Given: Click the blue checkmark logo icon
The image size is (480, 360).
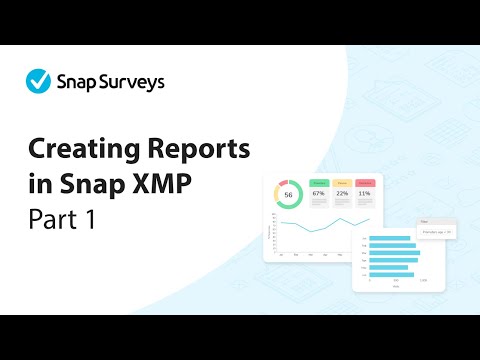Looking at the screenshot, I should click(x=38, y=79).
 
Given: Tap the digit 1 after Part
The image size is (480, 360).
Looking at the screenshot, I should click(x=90, y=218).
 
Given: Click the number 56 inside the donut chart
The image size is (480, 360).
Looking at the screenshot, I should click(x=290, y=194).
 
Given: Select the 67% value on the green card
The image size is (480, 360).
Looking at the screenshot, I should click(x=319, y=194).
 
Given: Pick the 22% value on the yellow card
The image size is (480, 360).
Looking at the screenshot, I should click(x=341, y=194).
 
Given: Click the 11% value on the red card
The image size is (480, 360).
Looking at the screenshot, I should click(x=365, y=194).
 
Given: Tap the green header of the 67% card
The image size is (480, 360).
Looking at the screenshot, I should click(x=319, y=184).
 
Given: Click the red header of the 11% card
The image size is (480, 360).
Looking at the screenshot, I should click(x=365, y=184).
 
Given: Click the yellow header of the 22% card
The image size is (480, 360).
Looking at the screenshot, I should click(x=342, y=184).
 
